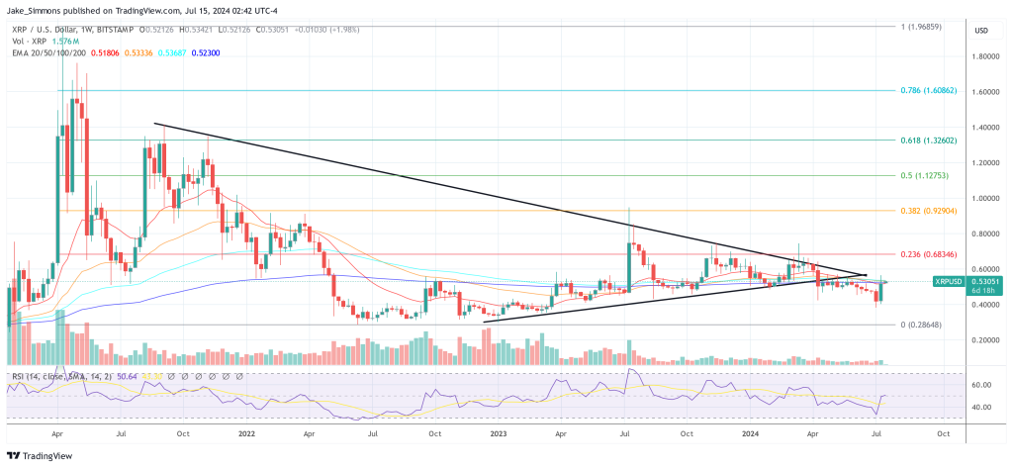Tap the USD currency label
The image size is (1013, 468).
pyautogui.click(x=981, y=31)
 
